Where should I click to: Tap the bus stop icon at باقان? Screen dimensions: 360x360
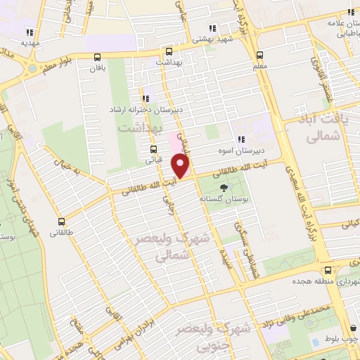click(96, 58)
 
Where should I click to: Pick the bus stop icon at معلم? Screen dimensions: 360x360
click(259, 55)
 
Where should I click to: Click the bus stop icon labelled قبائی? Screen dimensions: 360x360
click(153, 148)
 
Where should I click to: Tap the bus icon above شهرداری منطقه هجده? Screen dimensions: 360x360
click(328, 270)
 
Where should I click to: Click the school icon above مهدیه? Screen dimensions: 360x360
click(30, 32)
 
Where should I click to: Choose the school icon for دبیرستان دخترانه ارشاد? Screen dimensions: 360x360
click(146, 99)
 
